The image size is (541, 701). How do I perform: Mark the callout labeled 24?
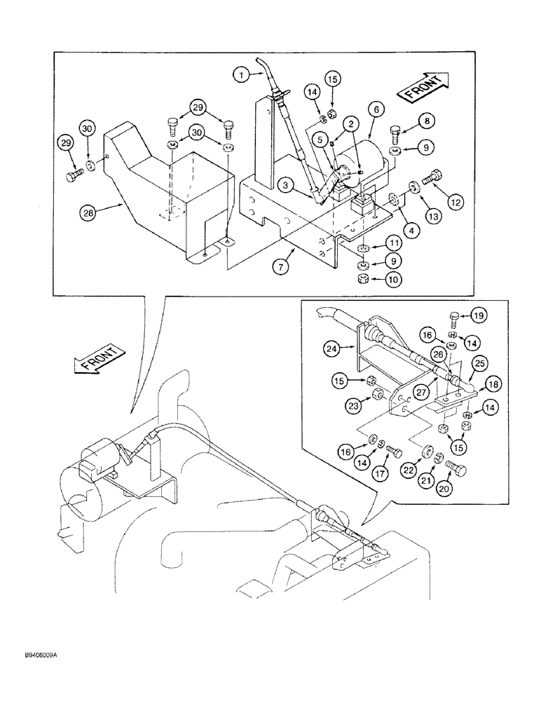tap(331, 346)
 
